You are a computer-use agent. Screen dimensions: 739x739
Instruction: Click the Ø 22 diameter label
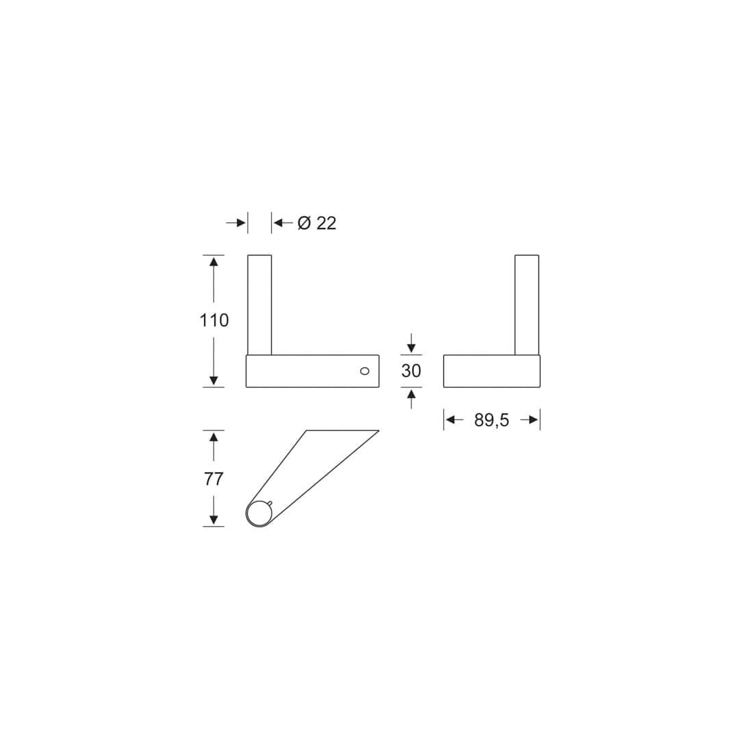[x=317, y=223]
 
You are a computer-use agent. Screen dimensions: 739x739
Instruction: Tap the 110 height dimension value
[x=214, y=320]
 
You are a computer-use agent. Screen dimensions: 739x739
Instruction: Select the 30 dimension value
[x=411, y=371]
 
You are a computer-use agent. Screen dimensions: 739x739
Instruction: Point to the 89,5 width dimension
[x=491, y=420]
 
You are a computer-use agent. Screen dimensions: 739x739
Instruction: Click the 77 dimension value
[x=213, y=479]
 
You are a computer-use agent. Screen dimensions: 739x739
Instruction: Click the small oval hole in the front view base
[x=364, y=372]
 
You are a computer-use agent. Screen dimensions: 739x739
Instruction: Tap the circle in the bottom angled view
[x=259, y=514]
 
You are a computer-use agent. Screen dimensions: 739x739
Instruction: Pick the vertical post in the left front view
[x=259, y=305]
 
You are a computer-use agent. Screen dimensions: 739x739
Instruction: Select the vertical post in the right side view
[x=527, y=305]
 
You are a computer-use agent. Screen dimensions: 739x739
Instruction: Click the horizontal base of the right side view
[x=491, y=372]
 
